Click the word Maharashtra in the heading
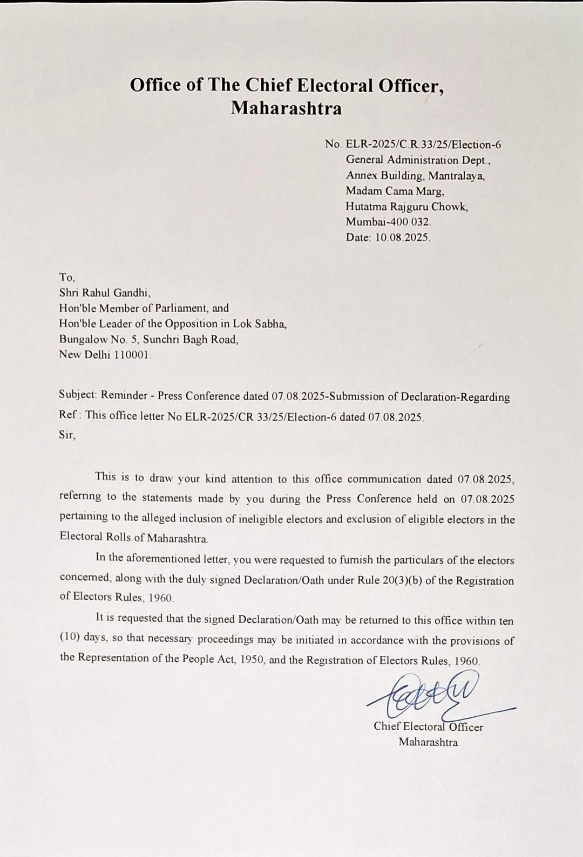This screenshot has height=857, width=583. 287,108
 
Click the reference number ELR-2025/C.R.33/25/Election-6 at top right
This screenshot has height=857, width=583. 423,145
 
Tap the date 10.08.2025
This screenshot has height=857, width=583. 402,237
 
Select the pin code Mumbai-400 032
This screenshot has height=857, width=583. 388,222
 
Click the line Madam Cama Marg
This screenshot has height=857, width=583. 395,191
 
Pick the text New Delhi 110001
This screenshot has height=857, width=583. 105,355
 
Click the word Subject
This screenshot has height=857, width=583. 77,395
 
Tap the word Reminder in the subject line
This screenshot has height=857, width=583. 124,395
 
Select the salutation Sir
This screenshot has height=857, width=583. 67,435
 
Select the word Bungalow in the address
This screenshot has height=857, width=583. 83,339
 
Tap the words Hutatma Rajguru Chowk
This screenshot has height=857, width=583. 406,207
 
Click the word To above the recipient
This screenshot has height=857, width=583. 66,277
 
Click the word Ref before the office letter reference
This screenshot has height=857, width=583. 69,415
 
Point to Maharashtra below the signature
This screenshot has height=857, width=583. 428,742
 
